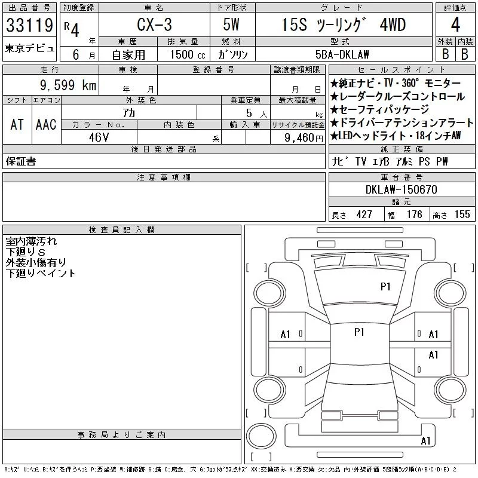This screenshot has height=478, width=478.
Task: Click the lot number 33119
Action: click(29, 25)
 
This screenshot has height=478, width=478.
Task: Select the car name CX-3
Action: click(154, 24)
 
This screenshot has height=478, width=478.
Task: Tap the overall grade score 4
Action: click(455, 24)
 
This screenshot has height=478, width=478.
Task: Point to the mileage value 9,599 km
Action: click(68, 85)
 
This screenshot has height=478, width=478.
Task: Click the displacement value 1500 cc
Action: click(188, 55)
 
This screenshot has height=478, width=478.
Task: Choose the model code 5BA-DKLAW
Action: click(342, 54)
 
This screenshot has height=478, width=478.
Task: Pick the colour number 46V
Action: click(99, 137)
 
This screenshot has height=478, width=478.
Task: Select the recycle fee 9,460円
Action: click(304, 138)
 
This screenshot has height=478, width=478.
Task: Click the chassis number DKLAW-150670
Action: click(401, 189)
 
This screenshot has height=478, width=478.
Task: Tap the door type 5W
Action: click(231, 24)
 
